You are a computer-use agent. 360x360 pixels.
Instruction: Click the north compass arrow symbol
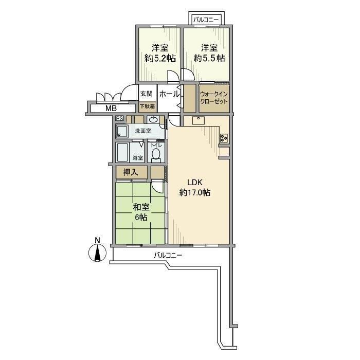pos(96,252)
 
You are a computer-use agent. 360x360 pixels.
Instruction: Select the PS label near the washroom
pos(120,118)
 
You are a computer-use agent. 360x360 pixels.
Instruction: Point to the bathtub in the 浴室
pos(123,153)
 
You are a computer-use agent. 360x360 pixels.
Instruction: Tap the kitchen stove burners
pos(225,138)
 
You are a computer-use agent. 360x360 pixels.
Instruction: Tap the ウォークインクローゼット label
pos(214,98)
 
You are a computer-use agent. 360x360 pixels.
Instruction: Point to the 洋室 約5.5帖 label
pos(209,53)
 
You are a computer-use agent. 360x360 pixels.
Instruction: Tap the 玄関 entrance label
pos(146,94)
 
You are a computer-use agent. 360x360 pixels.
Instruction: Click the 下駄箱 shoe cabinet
pos(147,107)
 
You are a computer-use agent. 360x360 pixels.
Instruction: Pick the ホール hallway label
pos(169,94)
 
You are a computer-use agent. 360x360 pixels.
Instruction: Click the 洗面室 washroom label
pos(142,131)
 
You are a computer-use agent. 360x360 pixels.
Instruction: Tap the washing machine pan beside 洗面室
pos(123,131)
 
